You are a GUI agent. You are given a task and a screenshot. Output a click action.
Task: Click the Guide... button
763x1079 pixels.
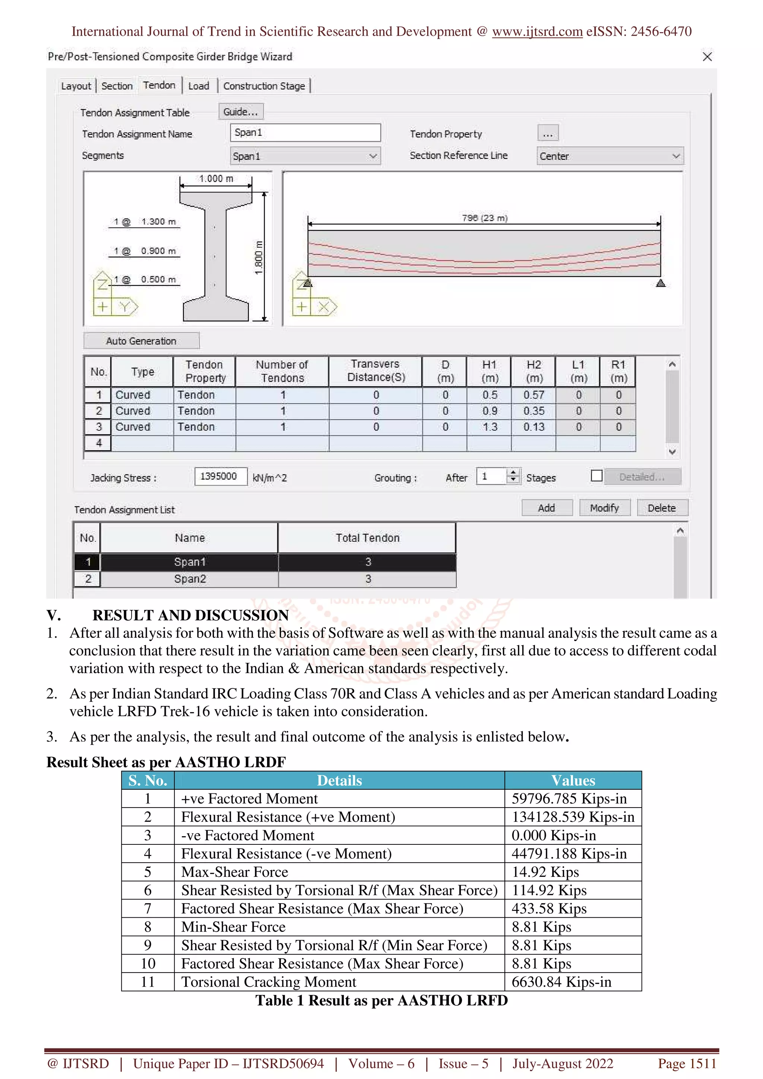[x=241, y=112]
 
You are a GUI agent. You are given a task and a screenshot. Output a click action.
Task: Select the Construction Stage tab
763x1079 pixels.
[x=264, y=86]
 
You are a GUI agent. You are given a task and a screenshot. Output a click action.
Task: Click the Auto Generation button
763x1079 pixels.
[x=141, y=341]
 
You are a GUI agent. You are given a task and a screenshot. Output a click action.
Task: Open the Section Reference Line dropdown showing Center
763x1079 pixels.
[x=610, y=156]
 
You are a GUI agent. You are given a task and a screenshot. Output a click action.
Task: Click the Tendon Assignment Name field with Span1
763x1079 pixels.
[x=305, y=133]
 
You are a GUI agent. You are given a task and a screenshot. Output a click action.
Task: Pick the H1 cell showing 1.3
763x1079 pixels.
[x=490, y=427]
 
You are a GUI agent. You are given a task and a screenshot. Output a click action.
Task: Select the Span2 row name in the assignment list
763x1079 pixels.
[x=190, y=579]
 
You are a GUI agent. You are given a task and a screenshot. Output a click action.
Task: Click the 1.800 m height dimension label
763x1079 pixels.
[x=258, y=258]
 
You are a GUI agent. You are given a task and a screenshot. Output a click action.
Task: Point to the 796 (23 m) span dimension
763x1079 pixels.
[x=484, y=218]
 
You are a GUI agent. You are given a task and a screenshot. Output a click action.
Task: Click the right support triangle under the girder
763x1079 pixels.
[x=661, y=283]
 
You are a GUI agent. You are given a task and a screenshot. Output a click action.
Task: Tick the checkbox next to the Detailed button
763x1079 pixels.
[x=596, y=476]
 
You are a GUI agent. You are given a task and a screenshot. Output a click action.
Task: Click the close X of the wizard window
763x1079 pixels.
[x=707, y=57]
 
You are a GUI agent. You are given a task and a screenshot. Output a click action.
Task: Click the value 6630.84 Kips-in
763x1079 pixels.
[x=561, y=982]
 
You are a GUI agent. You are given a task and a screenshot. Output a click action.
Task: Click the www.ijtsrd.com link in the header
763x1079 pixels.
[x=537, y=32]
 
